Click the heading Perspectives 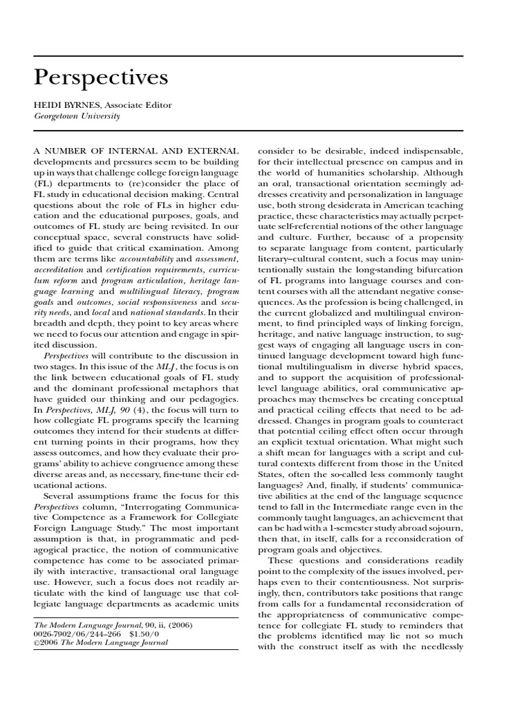pyautogui.click(x=101, y=78)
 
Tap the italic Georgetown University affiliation pyautogui.click(x=77, y=116)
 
